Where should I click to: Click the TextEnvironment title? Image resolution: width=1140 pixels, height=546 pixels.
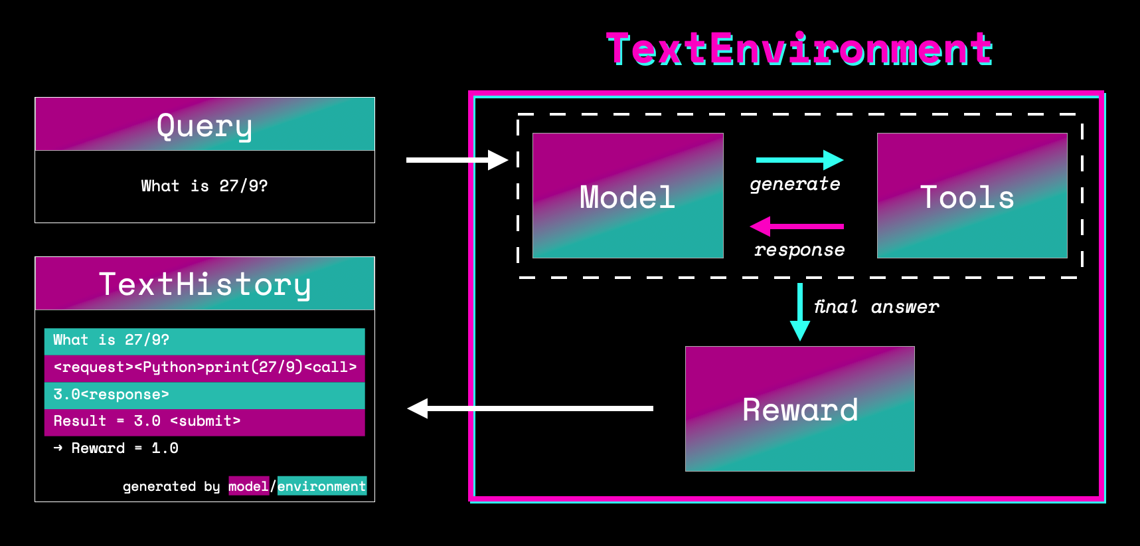(x=799, y=50)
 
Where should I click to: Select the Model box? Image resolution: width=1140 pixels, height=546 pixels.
(x=627, y=196)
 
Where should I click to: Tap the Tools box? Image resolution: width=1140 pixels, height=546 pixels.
(x=972, y=196)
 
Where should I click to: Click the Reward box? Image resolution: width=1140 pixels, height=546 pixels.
(x=799, y=409)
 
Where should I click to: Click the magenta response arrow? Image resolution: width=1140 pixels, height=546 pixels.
(x=797, y=227)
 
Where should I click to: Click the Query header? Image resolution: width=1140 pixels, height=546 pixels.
(x=204, y=125)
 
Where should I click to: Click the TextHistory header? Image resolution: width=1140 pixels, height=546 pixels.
(x=204, y=284)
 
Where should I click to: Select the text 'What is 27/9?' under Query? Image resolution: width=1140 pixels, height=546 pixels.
(x=204, y=186)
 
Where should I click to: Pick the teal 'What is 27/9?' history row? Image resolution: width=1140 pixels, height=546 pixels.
(x=204, y=341)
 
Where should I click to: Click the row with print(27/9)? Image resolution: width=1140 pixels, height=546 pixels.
(x=204, y=368)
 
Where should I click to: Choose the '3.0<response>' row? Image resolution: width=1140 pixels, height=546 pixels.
(x=204, y=395)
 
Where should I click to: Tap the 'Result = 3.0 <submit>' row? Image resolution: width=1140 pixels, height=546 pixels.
(x=204, y=422)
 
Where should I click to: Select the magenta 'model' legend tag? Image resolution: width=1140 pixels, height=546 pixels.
(x=248, y=486)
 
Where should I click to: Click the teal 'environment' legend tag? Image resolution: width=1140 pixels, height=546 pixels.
(x=321, y=486)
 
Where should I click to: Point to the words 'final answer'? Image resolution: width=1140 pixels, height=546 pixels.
(x=876, y=307)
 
